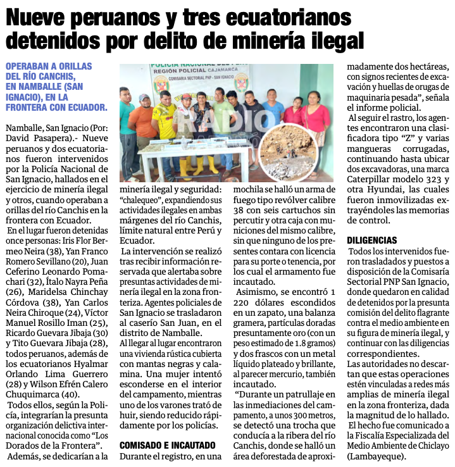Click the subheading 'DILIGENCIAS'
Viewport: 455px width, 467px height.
(372, 240)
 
